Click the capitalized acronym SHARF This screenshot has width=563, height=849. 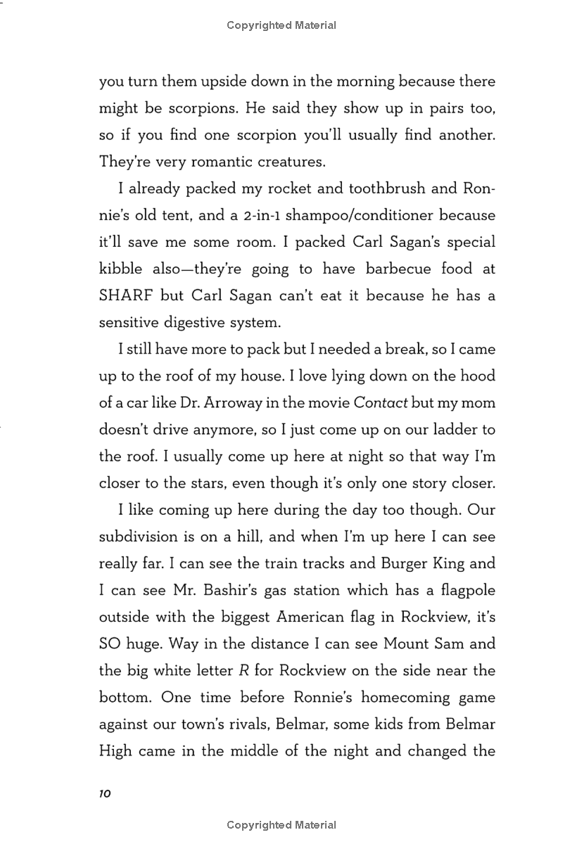[126, 295]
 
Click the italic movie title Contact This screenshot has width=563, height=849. [381, 402]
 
